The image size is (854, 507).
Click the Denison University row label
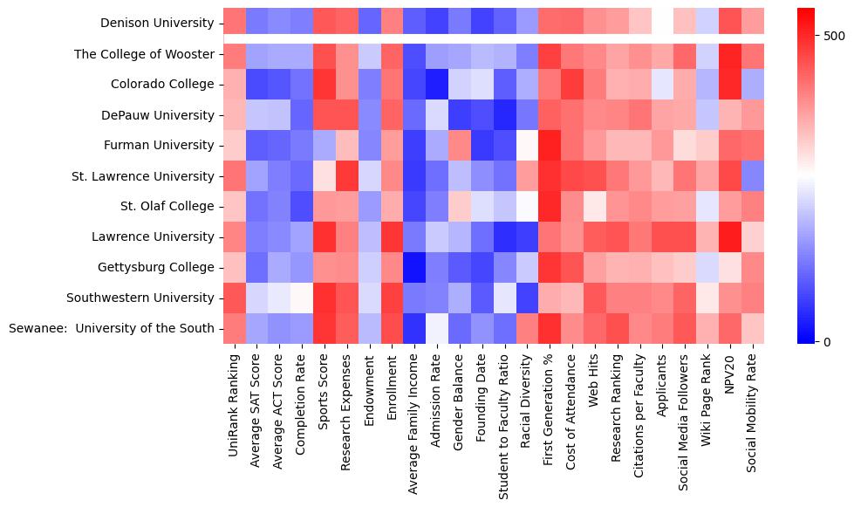157,23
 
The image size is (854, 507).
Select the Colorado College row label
162,85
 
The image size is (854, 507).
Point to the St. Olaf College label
167,207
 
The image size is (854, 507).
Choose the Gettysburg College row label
160,268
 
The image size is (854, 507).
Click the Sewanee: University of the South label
111,329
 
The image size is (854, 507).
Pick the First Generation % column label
550,401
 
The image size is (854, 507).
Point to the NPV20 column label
730,372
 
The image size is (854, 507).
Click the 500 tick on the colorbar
834,36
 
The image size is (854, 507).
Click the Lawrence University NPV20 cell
730,236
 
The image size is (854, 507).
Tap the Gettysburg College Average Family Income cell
414,267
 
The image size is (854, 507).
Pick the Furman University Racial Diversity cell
527,145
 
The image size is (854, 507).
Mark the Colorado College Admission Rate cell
437,84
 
